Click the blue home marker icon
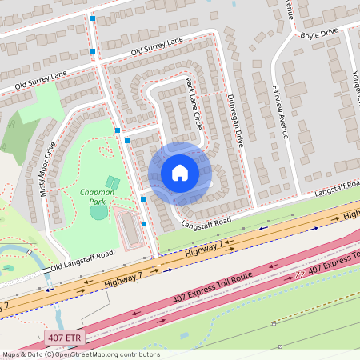(179, 173)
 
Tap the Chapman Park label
(98, 197)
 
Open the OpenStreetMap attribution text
(80, 354)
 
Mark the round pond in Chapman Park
(98, 212)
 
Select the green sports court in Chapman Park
(113, 183)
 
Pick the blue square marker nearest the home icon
(143, 198)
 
